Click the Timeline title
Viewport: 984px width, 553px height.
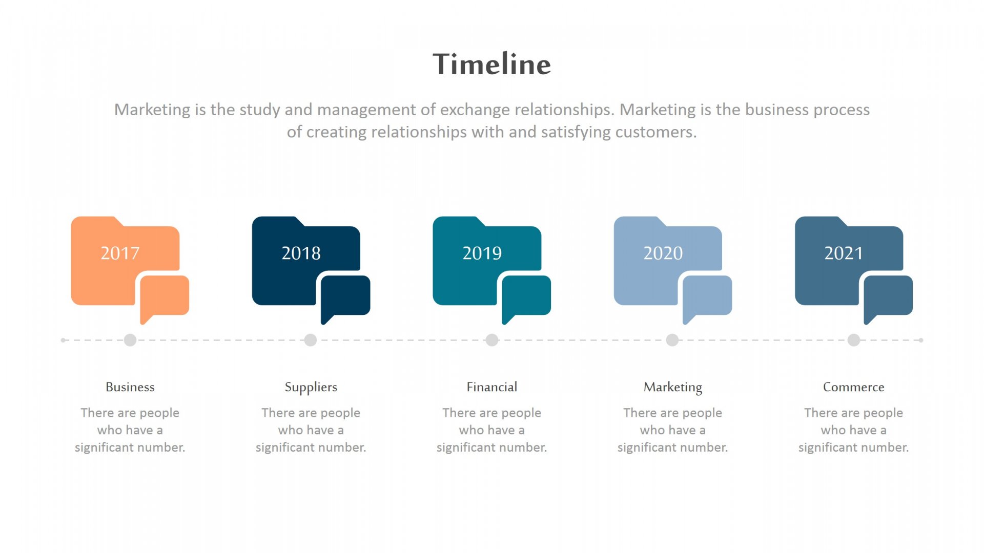click(x=491, y=64)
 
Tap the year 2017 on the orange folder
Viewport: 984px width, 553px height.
click(x=120, y=253)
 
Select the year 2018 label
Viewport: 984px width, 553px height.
click(x=301, y=253)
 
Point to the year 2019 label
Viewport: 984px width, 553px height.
click(x=482, y=253)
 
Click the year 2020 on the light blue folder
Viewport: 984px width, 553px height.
click(x=663, y=253)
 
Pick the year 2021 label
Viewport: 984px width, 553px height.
click(x=844, y=253)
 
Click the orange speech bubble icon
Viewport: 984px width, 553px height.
click(x=165, y=297)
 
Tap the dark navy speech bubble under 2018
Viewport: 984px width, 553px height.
click(x=345, y=297)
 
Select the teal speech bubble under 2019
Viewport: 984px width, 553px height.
click(x=526, y=297)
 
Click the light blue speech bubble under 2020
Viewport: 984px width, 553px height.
click(x=707, y=297)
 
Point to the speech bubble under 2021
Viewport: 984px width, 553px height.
click(x=888, y=297)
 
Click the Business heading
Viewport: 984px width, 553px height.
click(x=130, y=387)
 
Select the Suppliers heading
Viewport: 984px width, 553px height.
click(x=311, y=388)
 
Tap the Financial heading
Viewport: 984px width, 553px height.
click(x=492, y=387)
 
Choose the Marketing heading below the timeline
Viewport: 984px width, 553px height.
click(x=673, y=388)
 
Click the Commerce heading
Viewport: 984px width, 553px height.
click(x=854, y=387)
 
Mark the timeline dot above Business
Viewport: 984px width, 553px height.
click(x=130, y=340)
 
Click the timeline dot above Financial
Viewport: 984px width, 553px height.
click(x=492, y=340)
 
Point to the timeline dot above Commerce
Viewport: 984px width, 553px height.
click(x=854, y=340)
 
